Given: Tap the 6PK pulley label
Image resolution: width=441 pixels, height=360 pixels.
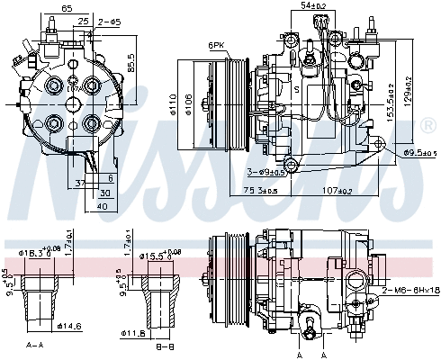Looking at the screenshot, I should tap(216, 44).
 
